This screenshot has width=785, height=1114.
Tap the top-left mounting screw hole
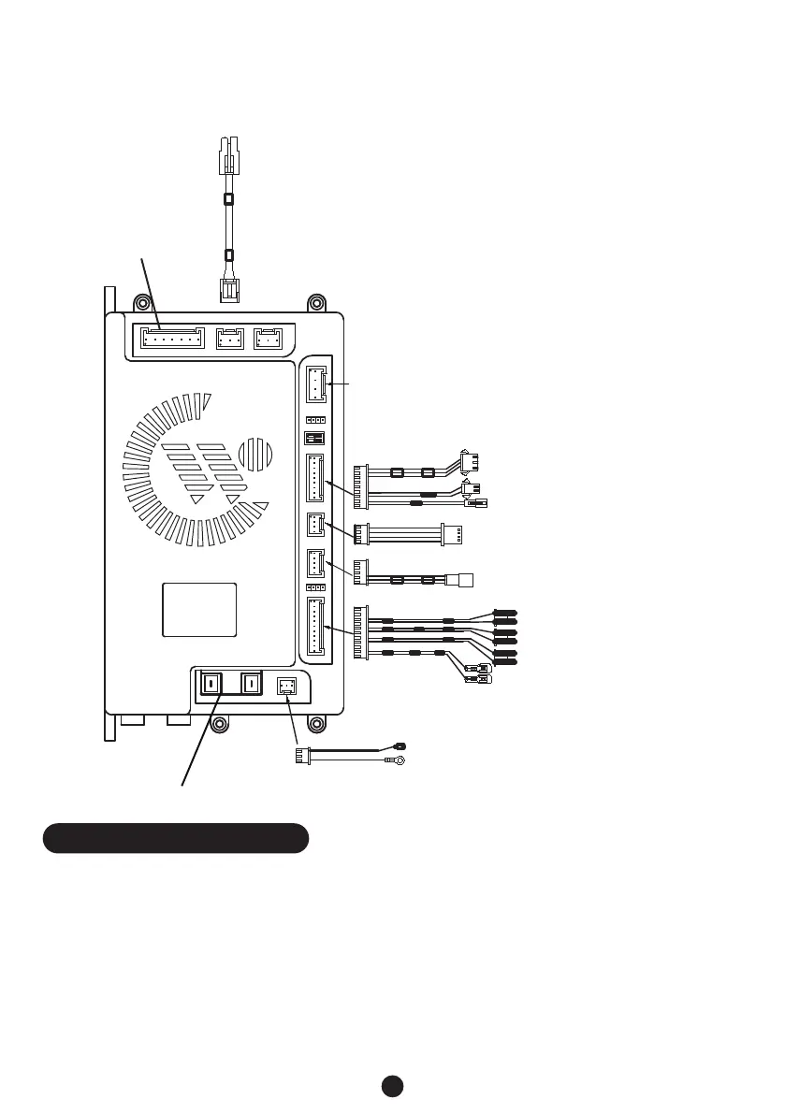pyautogui.click(x=141, y=303)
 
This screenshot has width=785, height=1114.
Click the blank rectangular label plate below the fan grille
pyautogui.click(x=199, y=610)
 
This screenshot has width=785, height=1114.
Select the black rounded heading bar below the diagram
pyautogui.click(x=176, y=838)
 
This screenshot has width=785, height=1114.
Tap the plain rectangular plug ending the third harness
pyautogui.click(x=459, y=580)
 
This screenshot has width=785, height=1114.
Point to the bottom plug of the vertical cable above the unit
pyautogui.click(x=229, y=290)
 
